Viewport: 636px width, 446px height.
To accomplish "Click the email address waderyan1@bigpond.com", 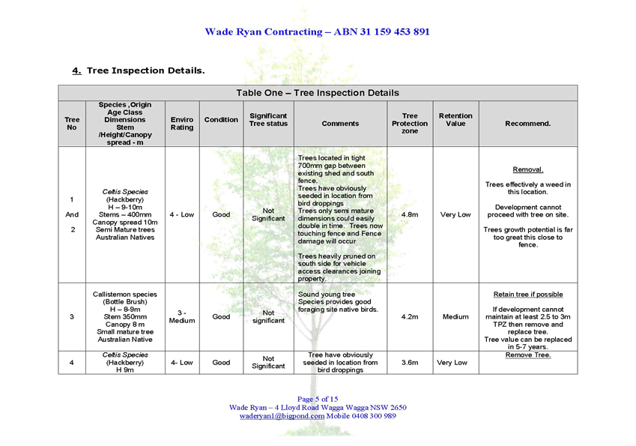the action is (x=282, y=416).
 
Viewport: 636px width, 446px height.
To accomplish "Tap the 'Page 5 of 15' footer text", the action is (x=318, y=399).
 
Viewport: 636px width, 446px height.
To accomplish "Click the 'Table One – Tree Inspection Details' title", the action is (x=318, y=93).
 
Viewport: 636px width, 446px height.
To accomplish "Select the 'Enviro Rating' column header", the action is (x=182, y=124).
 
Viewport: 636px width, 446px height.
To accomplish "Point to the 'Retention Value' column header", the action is (x=455, y=120).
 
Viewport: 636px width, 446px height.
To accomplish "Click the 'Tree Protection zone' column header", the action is (x=410, y=124).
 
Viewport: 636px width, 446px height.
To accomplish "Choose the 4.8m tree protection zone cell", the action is (x=410, y=214).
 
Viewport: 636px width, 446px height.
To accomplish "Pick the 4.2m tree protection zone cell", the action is (x=410, y=316).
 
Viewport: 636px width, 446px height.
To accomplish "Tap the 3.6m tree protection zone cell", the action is (x=410, y=362).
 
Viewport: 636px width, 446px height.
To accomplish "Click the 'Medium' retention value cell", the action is (x=455, y=316).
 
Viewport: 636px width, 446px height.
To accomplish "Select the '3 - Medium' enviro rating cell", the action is (x=182, y=316).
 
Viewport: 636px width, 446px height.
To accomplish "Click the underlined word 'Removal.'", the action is (x=527, y=169).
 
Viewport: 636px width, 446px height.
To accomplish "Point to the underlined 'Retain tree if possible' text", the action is (x=528, y=295).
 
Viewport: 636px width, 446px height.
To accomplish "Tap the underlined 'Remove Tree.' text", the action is (x=527, y=355).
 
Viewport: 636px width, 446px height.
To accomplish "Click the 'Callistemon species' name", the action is (x=125, y=295).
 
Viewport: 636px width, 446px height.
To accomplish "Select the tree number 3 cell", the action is (x=72, y=316).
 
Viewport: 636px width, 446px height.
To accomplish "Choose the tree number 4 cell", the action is (x=72, y=362).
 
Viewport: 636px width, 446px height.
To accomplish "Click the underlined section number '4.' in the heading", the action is (x=76, y=70).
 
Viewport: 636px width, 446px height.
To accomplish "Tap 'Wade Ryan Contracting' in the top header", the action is (x=264, y=31).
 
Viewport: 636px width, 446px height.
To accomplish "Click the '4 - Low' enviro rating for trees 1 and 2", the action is (x=182, y=214).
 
